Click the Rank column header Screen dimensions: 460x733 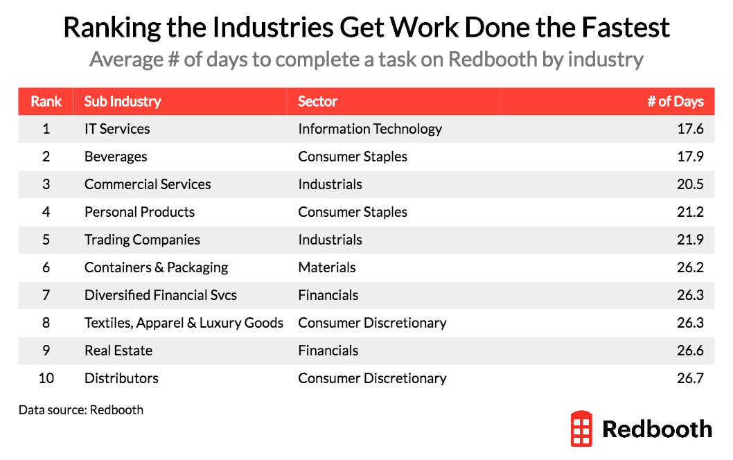click(x=46, y=101)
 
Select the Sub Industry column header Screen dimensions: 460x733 click(x=123, y=101)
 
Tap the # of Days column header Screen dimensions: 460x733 click(x=675, y=101)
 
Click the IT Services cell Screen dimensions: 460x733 click(x=117, y=129)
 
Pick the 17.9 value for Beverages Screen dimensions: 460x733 click(x=691, y=157)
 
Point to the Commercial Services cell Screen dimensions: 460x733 click(x=148, y=184)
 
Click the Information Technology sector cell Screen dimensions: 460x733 click(x=370, y=129)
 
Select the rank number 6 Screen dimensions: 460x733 click(x=46, y=267)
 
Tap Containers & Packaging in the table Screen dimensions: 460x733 click(x=156, y=267)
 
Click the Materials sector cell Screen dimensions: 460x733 click(x=327, y=267)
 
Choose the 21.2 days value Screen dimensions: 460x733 click(x=691, y=212)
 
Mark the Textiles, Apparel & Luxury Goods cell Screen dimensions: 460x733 click(x=184, y=323)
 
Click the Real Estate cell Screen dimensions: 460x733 click(x=118, y=351)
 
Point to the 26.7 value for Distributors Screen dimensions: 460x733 click(x=691, y=378)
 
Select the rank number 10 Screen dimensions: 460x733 click(x=46, y=378)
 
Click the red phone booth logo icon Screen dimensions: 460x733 click(x=581, y=428)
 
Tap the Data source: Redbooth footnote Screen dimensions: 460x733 click(x=81, y=409)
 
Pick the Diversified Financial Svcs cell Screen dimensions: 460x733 click(x=161, y=295)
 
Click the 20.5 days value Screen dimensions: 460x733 click(x=691, y=184)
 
